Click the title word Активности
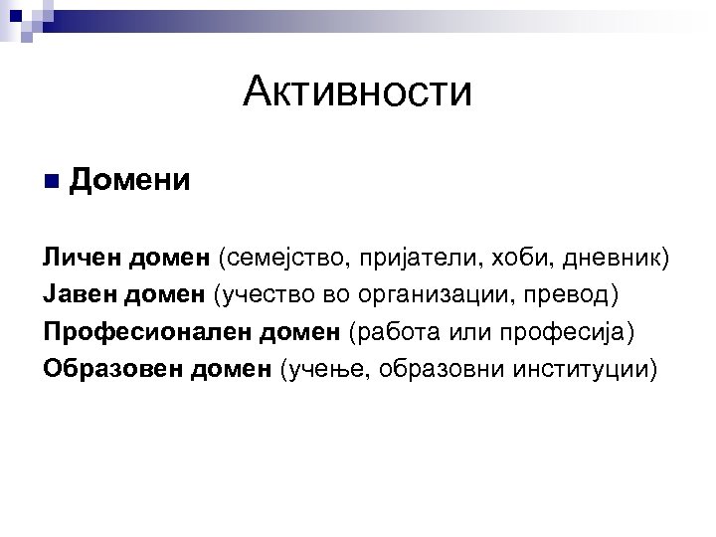(x=357, y=94)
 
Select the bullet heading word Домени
(x=130, y=182)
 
